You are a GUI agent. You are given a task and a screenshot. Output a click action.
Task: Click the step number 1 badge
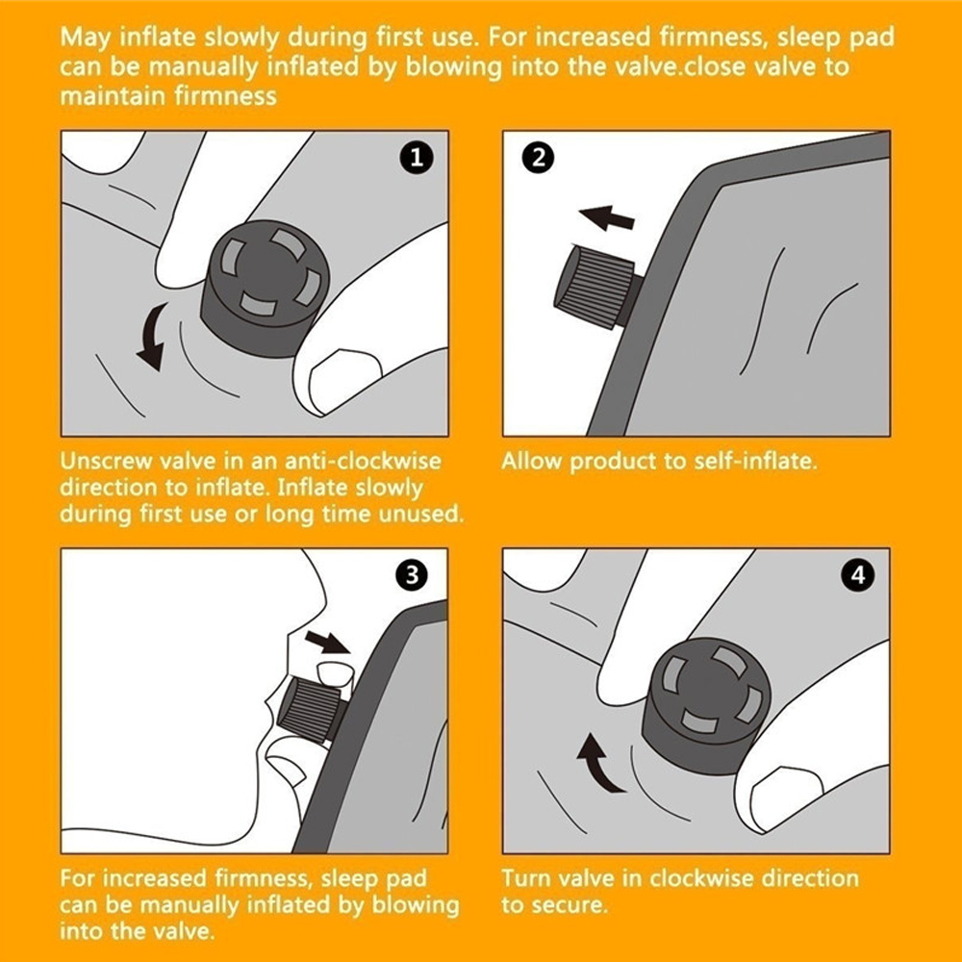click(x=417, y=159)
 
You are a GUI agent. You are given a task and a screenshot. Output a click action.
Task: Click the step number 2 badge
click(x=538, y=159)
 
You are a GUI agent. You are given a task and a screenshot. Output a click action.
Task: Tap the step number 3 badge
click(x=413, y=575)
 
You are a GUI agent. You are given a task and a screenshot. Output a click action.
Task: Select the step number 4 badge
click(x=858, y=575)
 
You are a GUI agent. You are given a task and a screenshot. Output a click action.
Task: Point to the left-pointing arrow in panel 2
click(x=607, y=217)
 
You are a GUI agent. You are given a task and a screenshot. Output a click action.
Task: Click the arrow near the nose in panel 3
click(x=327, y=641)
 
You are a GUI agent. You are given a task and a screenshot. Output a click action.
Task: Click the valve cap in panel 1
click(x=266, y=289)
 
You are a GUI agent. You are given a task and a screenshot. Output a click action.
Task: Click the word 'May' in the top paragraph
click(x=86, y=38)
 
